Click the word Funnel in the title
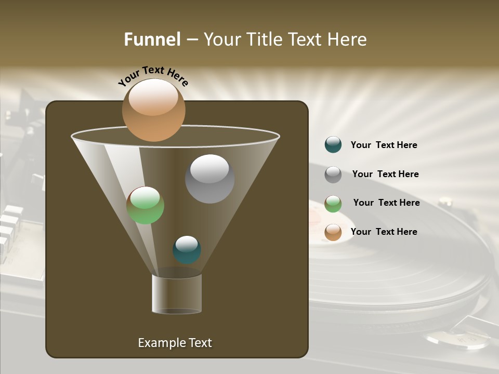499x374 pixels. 152,39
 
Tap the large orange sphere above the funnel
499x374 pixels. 153,110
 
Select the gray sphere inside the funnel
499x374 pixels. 209,179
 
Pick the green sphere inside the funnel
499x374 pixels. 145,205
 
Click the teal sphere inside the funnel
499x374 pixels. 187,249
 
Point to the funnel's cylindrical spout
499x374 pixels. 177,294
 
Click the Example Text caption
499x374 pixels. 175,343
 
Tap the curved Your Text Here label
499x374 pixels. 153,76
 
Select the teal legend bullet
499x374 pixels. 333,145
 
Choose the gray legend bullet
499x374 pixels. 333,175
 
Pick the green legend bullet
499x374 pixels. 333,204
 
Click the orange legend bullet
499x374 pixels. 333,232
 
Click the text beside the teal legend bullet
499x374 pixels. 384,145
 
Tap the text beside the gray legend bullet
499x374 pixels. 385,175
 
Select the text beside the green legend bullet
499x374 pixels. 386,203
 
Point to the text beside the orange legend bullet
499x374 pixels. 384,232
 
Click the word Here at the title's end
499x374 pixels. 348,39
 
